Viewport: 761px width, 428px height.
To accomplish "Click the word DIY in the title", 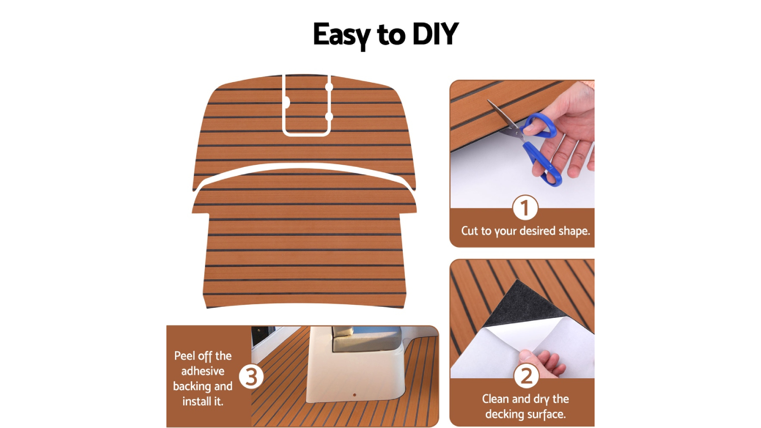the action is tap(435, 34).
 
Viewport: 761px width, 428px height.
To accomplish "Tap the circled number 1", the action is tap(525, 207).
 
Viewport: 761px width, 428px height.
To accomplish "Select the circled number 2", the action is tap(526, 376).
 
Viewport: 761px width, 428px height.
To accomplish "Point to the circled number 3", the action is tap(252, 377).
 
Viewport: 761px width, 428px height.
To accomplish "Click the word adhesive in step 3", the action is tap(203, 371).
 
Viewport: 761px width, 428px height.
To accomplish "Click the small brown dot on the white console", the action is tap(355, 395).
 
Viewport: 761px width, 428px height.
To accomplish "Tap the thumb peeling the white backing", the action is tap(526, 356).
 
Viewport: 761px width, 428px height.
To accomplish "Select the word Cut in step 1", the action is tap(470, 231).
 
